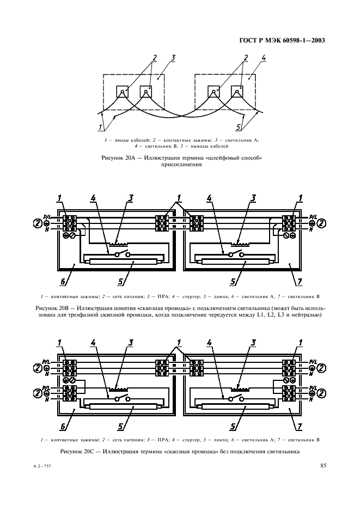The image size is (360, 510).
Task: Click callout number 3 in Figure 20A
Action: [173, 58]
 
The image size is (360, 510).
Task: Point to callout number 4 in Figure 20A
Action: [264, 58]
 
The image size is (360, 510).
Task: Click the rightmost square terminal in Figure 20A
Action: [237, 92]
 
